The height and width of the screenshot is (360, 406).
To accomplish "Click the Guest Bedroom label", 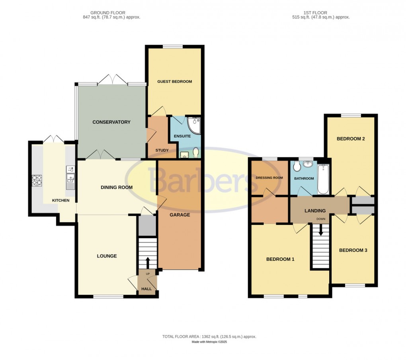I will [x=174, y=82].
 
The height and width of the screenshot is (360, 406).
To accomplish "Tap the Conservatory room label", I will [x=111, y=122].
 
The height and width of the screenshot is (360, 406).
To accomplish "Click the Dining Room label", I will [x=116, y=187].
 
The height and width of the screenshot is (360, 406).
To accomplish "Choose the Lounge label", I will [x=107, y=256].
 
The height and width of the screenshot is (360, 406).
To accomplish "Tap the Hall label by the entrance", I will [x=147, y=288].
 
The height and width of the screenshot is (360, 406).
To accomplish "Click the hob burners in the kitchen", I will [x=37, y=181].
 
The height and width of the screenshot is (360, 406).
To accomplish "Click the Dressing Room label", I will [x=269, y=178].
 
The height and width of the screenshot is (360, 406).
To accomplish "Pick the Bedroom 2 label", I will [x=351, y=139].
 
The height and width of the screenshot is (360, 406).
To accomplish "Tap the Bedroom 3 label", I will [x=353, y=250].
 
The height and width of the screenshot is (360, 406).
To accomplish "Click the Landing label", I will [x=315, y=211].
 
